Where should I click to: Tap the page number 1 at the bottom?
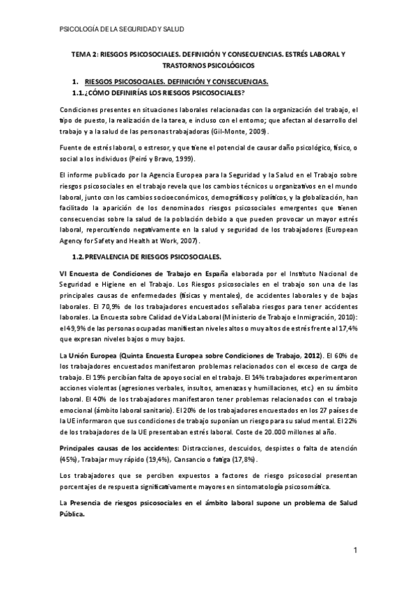point(354,552)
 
